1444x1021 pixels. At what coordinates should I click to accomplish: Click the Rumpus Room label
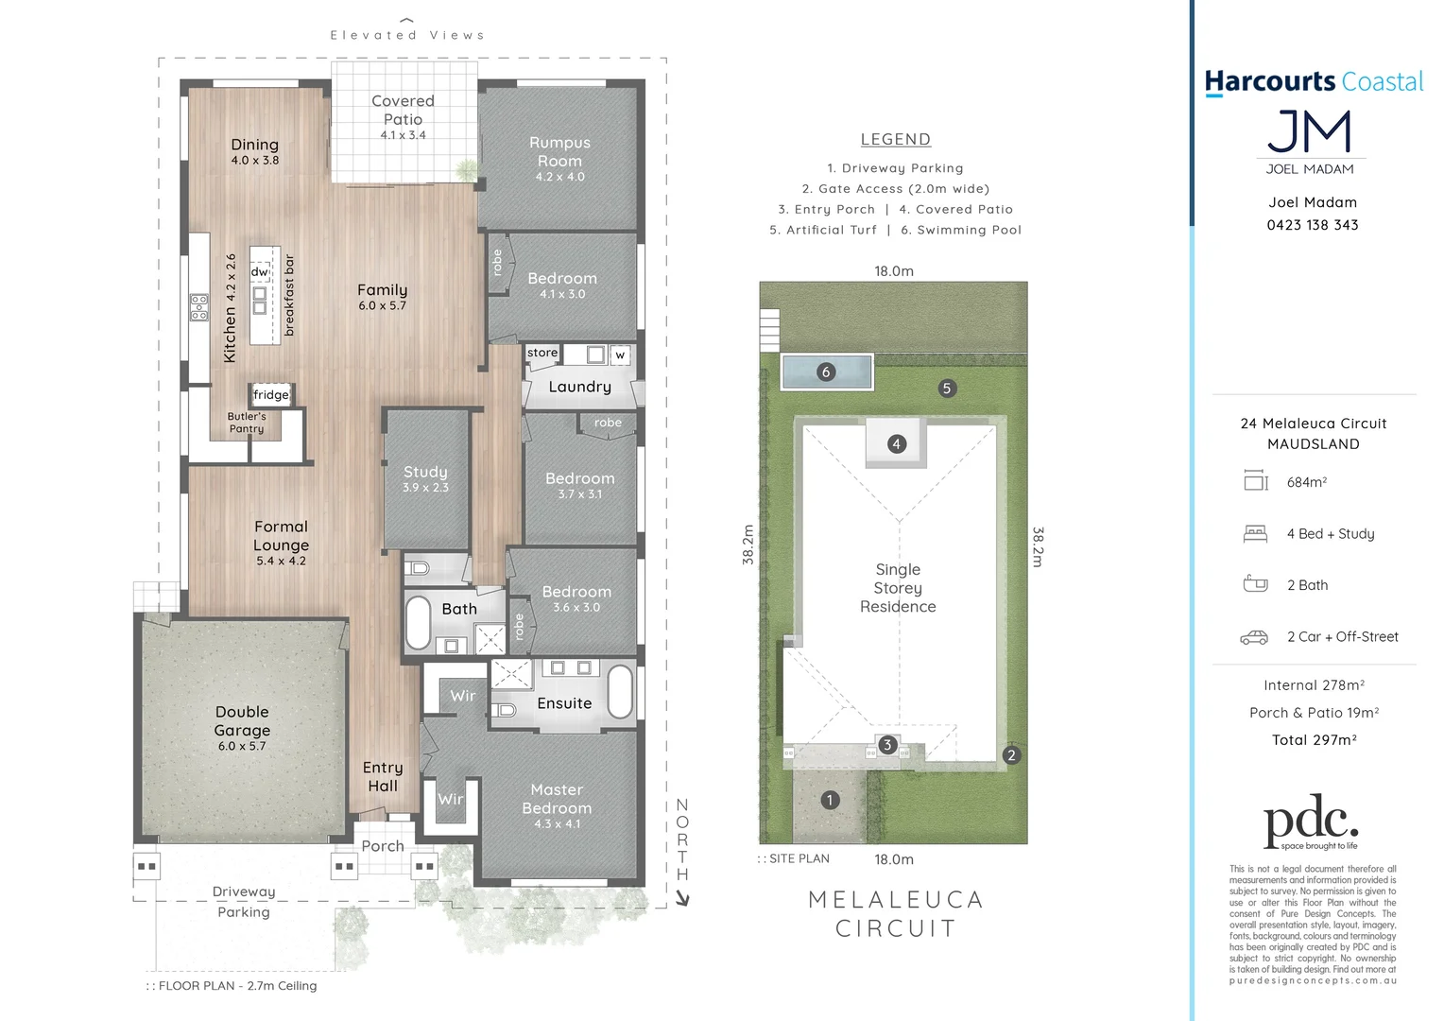(x=559, y=152)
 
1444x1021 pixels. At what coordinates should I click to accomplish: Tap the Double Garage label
(x=242, y=721)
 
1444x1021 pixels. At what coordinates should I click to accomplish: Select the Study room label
(x=425, y=472)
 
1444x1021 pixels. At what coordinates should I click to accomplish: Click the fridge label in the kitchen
(x=270, y=395)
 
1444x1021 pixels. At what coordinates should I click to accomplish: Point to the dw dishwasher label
(x=259, y=272)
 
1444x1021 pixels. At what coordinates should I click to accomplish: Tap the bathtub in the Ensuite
(x=619, y=692)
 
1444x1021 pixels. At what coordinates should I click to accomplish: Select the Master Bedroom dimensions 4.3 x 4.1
(x=558, y=824)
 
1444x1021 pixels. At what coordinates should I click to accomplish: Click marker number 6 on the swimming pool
(x=826, y=372)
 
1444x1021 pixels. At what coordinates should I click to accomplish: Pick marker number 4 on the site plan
(x=897, y=444)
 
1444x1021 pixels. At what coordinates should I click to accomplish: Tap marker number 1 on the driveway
(x=830, y=801)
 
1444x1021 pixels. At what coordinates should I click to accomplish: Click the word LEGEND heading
(x=895, y=140)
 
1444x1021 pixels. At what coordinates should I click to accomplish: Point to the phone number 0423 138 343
(x=1312, y=225)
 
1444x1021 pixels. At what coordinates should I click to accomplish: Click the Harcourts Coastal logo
(x=1313, y=83)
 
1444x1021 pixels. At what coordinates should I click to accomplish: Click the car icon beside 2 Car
(x=1254, y=637)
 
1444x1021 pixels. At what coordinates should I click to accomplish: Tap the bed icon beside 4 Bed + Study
(x=1255, y=534)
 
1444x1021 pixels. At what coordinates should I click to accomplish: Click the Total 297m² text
(x=1314, y=740)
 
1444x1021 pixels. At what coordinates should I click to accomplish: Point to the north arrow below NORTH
(x=682, y=899)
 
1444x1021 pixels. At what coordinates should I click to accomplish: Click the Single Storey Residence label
(x=898, y=588)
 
